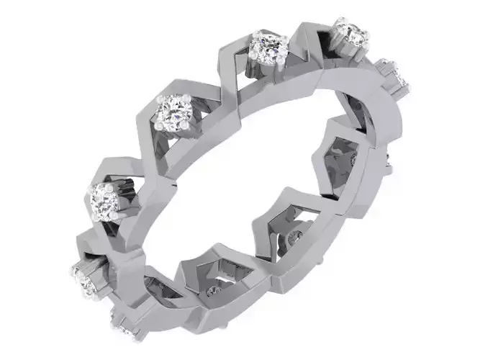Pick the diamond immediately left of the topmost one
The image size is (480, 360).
tap(268, 48)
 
